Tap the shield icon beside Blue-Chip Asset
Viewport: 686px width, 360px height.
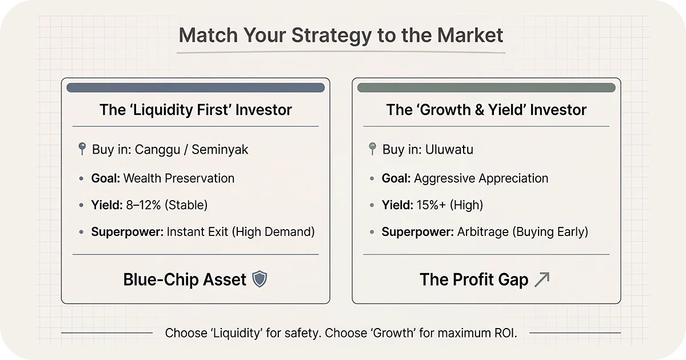click(x=260, y=279)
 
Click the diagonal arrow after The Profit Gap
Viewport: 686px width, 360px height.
click(x=541, y=279)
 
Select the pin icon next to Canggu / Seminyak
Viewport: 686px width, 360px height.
click(x=81, y=149)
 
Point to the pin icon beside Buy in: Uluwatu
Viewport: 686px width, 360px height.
click(x=372, y=149)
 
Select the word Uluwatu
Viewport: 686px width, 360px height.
click(x=449, y=150)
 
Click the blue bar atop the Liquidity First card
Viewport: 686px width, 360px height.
click(x=196, y=88)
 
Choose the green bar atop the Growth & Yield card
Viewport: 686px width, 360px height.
click(x=486, y=88)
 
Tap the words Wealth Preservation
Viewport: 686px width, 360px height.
click(x=179, y=178)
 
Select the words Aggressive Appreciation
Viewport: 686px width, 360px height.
click(x=481, y=178)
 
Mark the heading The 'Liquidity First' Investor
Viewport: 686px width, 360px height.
click(x=196, y=110)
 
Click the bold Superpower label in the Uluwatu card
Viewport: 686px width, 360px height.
click(x=417, y=231)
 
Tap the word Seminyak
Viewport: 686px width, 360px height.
click(x=220, y=150)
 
